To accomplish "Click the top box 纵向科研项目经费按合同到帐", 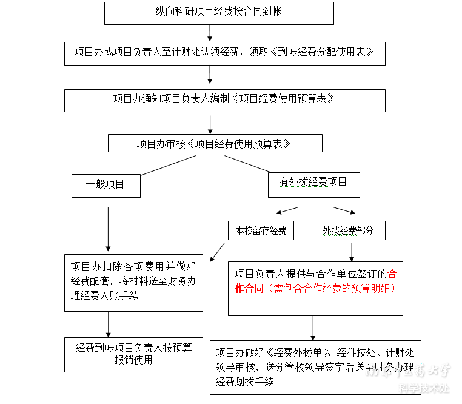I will pyautogui.click(x=219, y=13).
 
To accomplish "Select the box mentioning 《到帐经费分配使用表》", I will pyautogui.click(x=225, y=52).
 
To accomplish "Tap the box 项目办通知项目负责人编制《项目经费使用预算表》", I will pyautogui.click(x=224, y=99).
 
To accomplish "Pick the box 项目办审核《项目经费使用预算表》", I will pyautogui.click(x=215, y=144).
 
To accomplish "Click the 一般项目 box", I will pyautogui.click(x=105, y=185).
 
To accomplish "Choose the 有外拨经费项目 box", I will pyautogui.click(x=313, y=184).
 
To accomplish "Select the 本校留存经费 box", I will pyautogui.click(x=261, y=231).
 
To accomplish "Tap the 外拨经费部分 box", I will pyautogui.click(x=349, y=231).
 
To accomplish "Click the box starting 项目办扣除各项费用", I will pyautogui.click(x=133, y=282).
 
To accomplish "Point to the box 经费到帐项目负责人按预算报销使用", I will pyautogui.click(x=133, y=354).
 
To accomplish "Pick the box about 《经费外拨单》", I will pyautogui.click(x=315, y=367).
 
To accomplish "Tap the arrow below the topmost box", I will pyautogui.click(x=210, y=32).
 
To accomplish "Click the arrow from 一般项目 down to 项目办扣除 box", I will pyautogui.click(x=108, y=229).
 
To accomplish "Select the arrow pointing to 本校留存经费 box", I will pyautogui.click(x=287, y=210).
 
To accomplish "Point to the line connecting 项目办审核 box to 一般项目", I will pyautogui.click(x=168, y=165).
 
